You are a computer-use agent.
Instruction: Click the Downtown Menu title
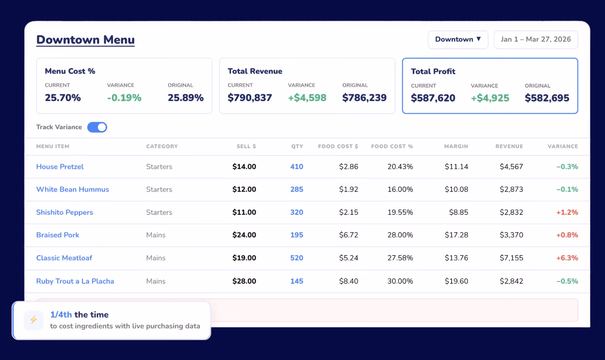[86, 40]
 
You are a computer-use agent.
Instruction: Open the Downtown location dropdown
[458, 39]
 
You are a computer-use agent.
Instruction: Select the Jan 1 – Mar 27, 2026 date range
[536, 39]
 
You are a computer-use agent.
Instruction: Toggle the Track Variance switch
[97, 127]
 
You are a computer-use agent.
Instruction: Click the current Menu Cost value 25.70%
[63, 97]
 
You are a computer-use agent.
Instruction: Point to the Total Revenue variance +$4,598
[307, 97]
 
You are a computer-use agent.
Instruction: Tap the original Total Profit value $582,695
[547, 98]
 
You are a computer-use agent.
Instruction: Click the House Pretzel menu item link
[60, 166]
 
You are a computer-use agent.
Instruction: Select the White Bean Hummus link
[72, 189]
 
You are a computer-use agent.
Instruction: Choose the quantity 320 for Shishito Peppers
[297, 212]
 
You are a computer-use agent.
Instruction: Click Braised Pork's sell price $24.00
[244, 235]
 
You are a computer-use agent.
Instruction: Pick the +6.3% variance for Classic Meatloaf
[567, 258]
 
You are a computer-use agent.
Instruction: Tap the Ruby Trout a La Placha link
[75, 281]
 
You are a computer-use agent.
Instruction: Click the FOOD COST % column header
[392, 146]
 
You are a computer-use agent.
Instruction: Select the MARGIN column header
[456, 146]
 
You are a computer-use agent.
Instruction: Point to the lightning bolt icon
[34, 320]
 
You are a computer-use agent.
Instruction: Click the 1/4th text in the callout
[61, 315]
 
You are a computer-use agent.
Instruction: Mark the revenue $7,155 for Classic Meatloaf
[511, 258]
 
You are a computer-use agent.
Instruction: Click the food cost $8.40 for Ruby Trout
[349, 281]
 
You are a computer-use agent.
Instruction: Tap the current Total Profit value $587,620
[433, 98]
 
